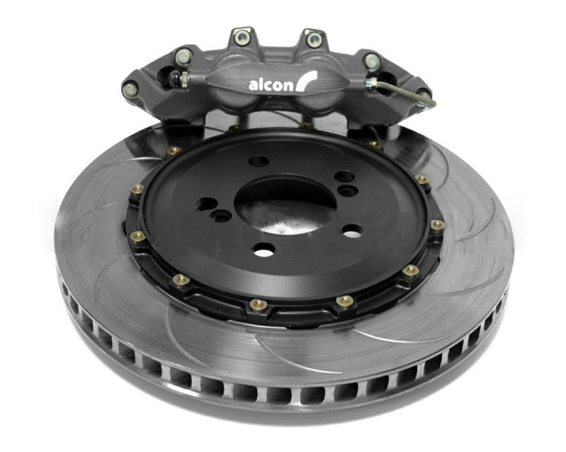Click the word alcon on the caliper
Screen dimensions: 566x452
click(270, 85)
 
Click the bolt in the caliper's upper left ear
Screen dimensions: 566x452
click(241, 37)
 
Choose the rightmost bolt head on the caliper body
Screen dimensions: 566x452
click(371, 60)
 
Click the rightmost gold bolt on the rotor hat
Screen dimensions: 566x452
click(438, 224)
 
